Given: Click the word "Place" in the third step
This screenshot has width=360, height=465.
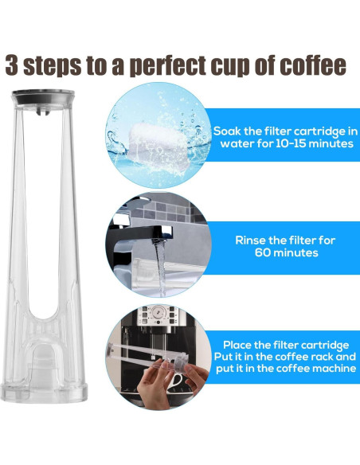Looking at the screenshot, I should click(240, 344).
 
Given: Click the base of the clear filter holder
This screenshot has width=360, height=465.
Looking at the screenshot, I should click(47, 382).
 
